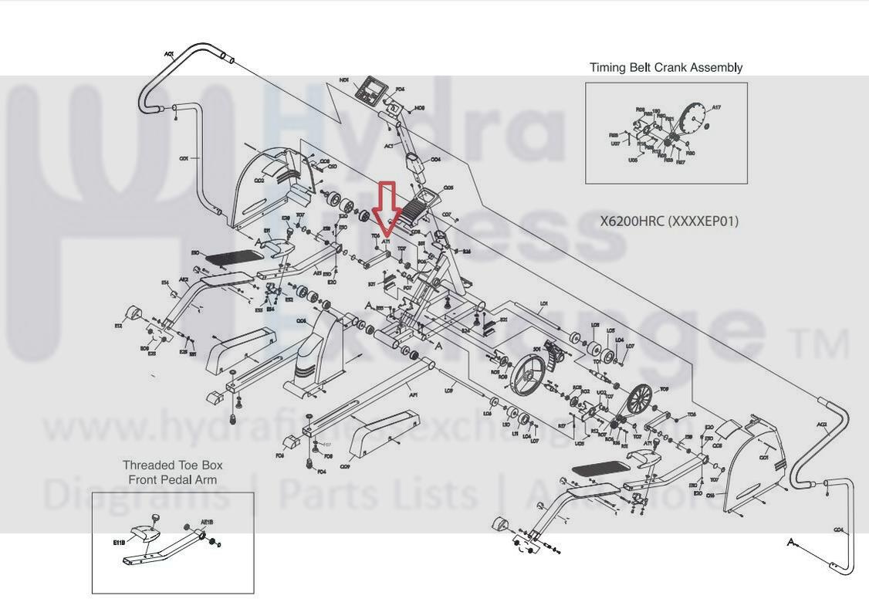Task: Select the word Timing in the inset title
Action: pyautogui.click(x=607, y=67)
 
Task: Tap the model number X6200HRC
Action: pyautogui.click(x=632, y=222)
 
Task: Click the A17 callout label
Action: pyautogui.click(x=715, y=108)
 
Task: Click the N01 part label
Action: pyautogui.click(x=344, y=80)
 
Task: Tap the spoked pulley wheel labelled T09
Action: pyautogui.click(x=638, y=401)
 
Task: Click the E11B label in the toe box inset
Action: pyautogui.click(x=119, y=543)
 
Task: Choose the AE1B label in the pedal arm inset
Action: pyautogui.click(x=207, y=522)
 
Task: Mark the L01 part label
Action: pyautogui.click(x=543, y=304)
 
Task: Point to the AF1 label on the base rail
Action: pyautogui.click(x=414, y=395)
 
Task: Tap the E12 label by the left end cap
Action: pyautogui.click(x=118, y=326)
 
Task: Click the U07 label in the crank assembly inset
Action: pyautogui.click(x=615, y=144)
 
